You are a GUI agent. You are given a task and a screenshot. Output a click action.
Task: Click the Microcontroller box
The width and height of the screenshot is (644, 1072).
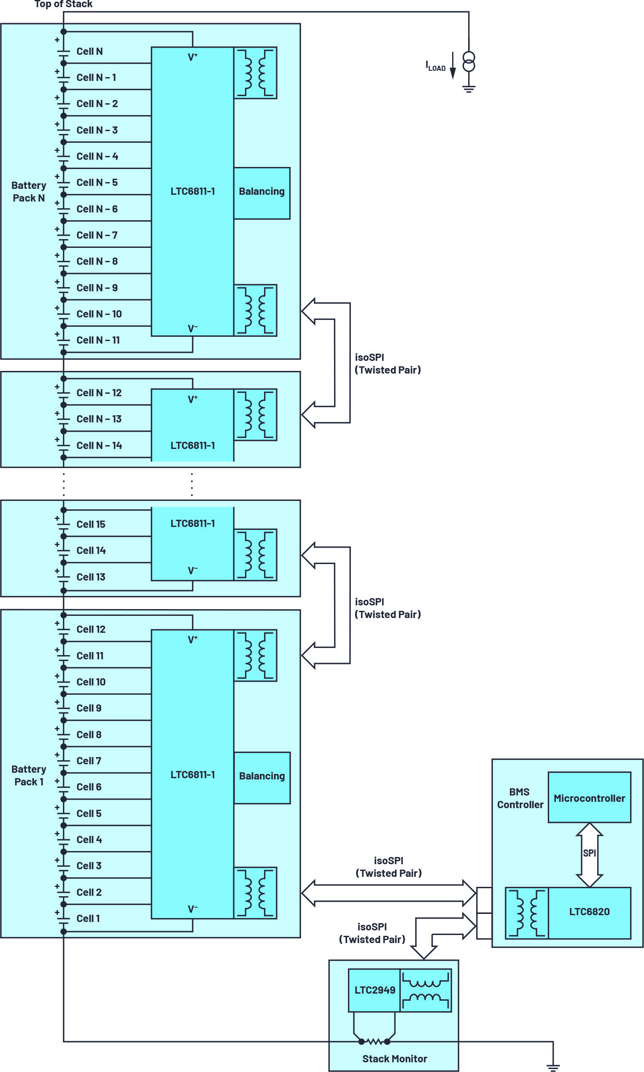[589, 798]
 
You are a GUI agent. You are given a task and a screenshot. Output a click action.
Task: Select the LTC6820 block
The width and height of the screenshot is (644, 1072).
[589, 911]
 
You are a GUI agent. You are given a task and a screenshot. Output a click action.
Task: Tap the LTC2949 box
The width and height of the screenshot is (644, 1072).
[374, 990]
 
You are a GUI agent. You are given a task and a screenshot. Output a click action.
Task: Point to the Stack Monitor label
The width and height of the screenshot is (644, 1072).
[394, 1059]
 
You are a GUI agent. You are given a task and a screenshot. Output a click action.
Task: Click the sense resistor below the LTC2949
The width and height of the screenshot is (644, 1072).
[374, 1041]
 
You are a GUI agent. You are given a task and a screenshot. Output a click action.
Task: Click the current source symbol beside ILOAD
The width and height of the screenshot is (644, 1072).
[469, 61]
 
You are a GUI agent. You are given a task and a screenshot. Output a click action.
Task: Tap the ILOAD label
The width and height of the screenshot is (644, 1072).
[435, 66]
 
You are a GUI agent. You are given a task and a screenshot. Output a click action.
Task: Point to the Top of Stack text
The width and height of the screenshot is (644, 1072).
[63, 4]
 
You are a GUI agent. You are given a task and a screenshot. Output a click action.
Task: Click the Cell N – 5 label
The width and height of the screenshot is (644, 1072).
[97, 183]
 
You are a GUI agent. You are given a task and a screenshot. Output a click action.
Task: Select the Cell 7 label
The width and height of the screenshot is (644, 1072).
[89, 760]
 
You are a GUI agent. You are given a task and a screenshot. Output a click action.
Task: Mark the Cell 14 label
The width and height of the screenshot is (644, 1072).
[91, 550]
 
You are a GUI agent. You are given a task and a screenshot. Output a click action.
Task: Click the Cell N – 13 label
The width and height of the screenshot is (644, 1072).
[99, 419]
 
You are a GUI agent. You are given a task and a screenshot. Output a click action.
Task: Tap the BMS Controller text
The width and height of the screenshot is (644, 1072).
[520, 798]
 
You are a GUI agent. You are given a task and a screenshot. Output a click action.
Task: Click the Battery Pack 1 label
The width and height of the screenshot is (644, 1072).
[29, 775]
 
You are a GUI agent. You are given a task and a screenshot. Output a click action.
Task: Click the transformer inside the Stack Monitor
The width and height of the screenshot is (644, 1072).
[425, 991]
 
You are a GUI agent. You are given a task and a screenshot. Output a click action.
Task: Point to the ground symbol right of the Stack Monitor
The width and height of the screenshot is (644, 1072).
[553, 1067]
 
